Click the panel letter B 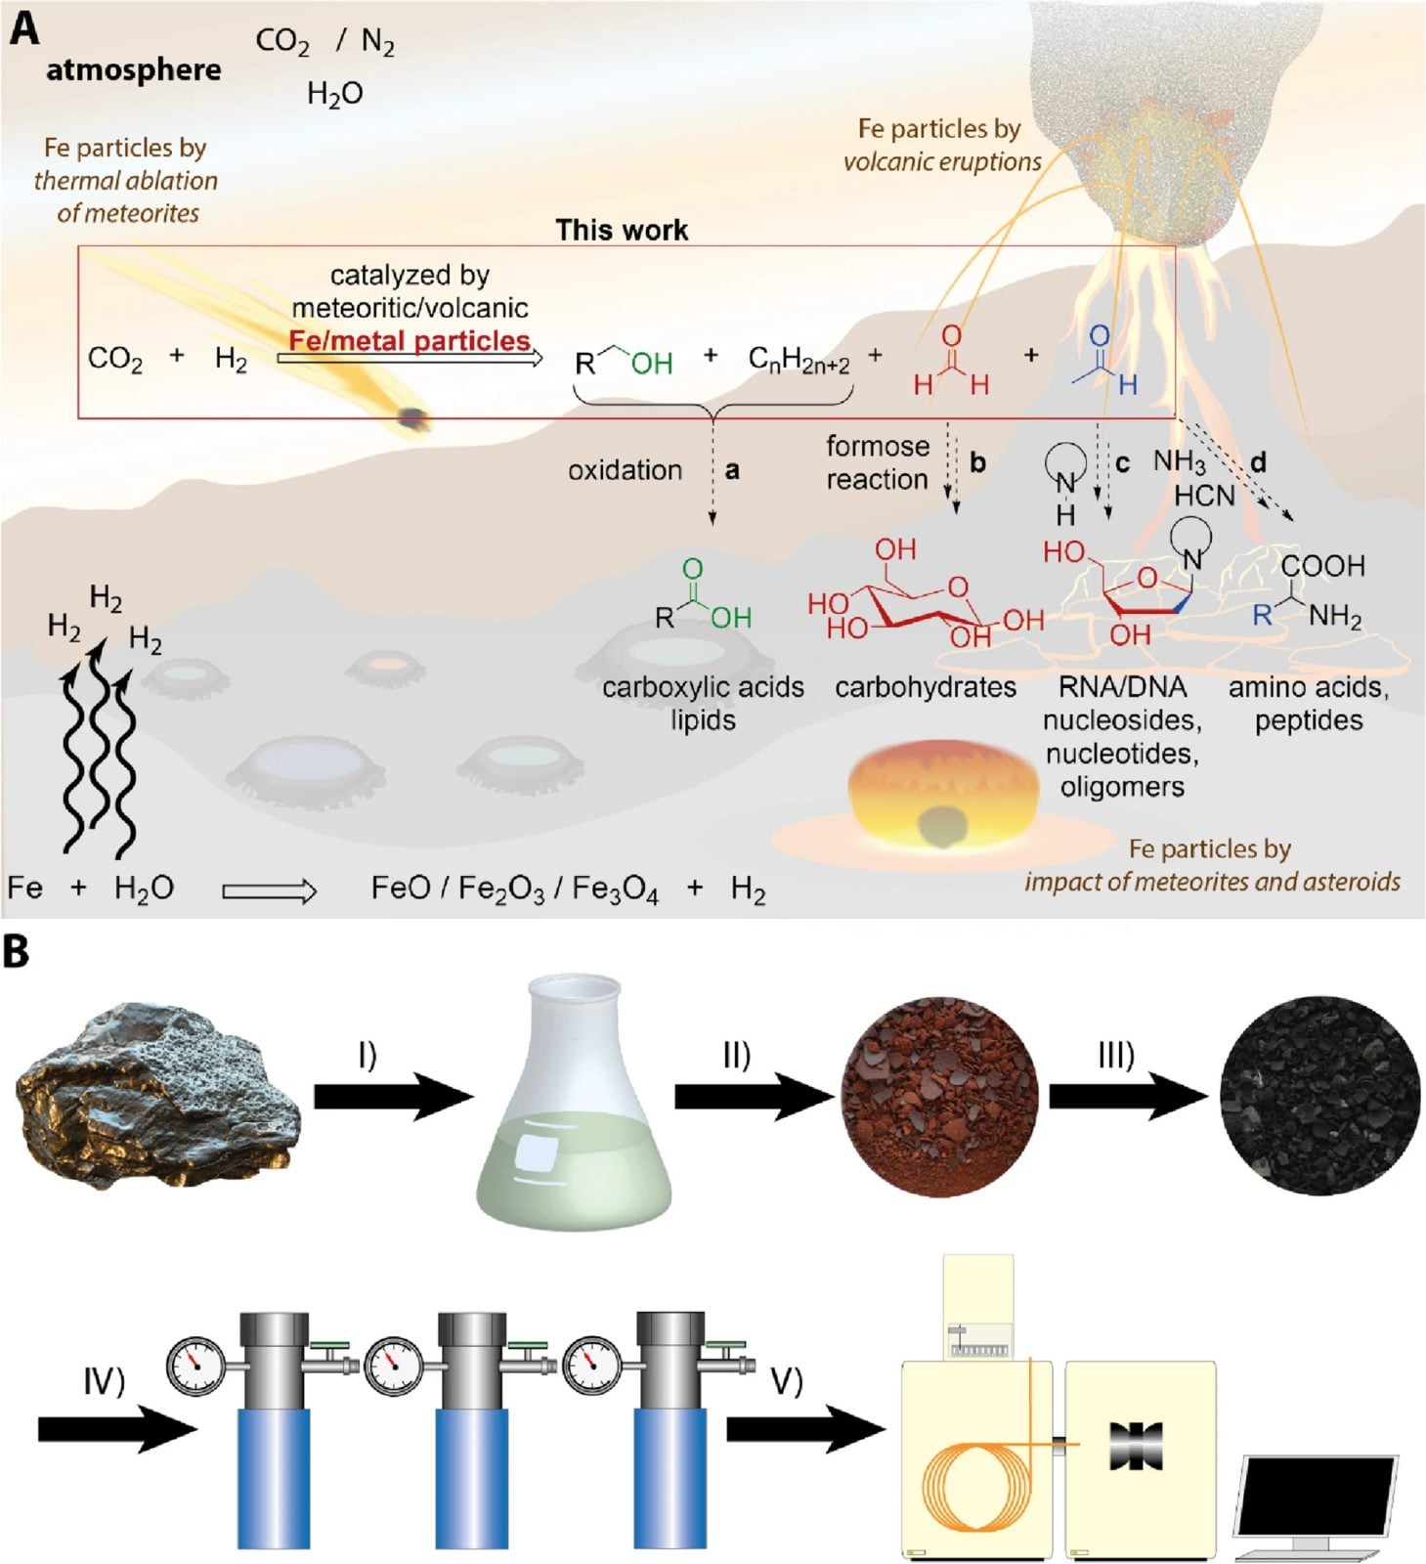click(17, 952)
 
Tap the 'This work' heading click(622, 230)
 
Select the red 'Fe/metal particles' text click(410, 340)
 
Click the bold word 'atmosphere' click(133, 69)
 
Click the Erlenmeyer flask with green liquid click(574, 1100)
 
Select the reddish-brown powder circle click(939, 1096)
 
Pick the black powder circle click(1319, 1096)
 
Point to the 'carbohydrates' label click(925, 687)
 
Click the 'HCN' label click(1204, 496)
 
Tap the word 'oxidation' click(625, 470)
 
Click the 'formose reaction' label click(877, 462)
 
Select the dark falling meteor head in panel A click(413, 417)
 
